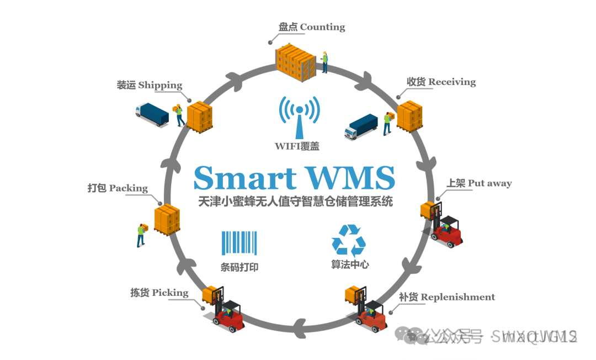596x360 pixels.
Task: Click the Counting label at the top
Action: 312,27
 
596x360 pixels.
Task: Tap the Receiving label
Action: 441,82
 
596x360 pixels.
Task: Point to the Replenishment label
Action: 446,297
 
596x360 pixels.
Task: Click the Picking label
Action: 159,293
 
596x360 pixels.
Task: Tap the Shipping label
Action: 149,85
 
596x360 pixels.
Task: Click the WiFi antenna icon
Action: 299,116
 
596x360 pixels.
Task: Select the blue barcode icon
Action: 239,243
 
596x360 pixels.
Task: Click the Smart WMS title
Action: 294,178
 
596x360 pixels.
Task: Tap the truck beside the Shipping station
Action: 152,114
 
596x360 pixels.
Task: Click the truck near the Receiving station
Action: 361,126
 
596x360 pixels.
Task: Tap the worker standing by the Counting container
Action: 325,61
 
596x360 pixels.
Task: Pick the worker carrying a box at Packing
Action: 142,234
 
